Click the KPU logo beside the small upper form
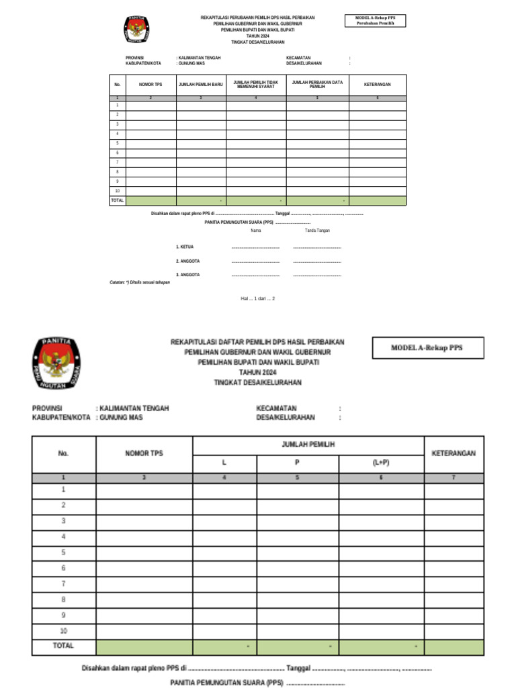point(136,30)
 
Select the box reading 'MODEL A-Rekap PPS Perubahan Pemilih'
point(370,20)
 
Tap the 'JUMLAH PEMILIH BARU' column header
point(200,85)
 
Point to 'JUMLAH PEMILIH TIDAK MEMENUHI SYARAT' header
point(256,85)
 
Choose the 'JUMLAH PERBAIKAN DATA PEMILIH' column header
point(317,85)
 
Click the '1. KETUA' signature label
point(185,247)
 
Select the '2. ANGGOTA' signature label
point(187,261)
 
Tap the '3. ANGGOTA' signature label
point(187,275)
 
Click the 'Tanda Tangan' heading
point(317,230)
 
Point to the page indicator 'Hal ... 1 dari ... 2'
point(258,298)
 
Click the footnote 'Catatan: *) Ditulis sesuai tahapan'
point(140,282)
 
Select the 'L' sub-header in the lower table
point(224,464)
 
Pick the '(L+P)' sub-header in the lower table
point(381,464)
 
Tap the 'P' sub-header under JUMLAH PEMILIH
point(297,464)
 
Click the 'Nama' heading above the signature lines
point(255,230)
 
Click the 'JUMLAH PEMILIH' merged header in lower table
point(308,445)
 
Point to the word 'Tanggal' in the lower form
point(298,669)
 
